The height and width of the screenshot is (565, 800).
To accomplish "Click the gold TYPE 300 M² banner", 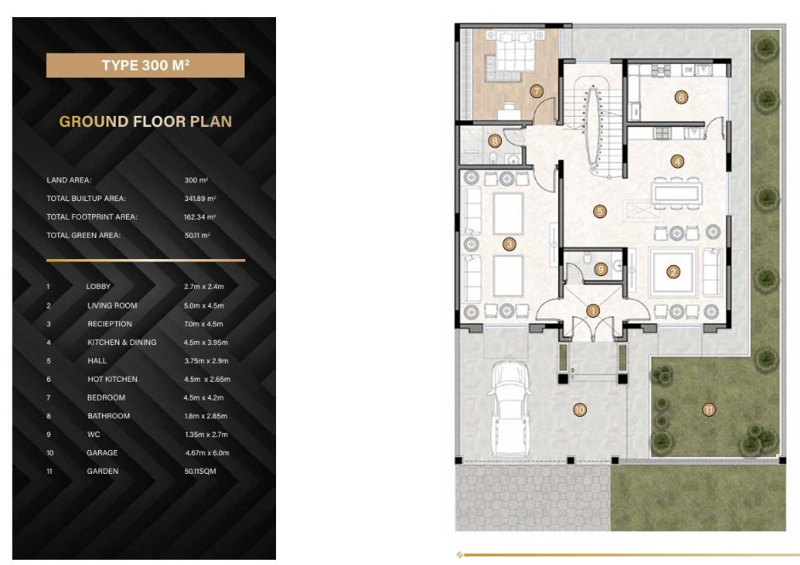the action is pyautogui.click(x=145, y=66).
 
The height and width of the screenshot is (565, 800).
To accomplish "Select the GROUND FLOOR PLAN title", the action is pyautogui.click(x=146, y=122).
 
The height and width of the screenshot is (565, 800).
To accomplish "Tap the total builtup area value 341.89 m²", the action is pyautogui.click(x=200, y=199).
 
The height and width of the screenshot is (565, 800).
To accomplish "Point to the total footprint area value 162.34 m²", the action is pyautogui.click(x=199, y=217).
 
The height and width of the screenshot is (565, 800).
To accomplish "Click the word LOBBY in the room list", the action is pyautogui.click(x=98, y=286).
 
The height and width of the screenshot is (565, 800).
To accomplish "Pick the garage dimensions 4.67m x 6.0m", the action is pyautogui.click(x=207, y=453).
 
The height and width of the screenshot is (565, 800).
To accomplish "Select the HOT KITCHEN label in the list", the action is pyautogui.click(x=112, y=379).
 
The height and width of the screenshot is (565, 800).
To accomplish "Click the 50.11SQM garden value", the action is pyautogui.click(x=200, y=471).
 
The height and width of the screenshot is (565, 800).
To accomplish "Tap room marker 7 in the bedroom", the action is pyautogui.click(x=536, y=91).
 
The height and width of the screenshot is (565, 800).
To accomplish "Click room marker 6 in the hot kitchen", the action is pyautogui.click(x=681, y=97).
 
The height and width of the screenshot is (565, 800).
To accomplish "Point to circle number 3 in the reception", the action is pyautogui.click(x=509, y=244).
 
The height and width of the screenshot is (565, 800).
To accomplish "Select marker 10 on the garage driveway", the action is pyautogui.click(x=579, y=409).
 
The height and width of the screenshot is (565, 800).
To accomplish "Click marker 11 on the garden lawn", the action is pyautogui.click(x=709, y=409).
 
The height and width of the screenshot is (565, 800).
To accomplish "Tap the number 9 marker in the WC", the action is pyautogui.click(x=601, y=269).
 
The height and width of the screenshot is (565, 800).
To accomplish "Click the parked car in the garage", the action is pyautogui.click(x=510, y=409).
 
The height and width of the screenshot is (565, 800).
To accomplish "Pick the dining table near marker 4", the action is pyautogui.click(x=676, y=193).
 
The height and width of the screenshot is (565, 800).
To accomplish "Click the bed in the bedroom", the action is pyautogui.click(x=515, y=51).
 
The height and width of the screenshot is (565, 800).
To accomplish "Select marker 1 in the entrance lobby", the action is pyautogui.click(x=592, y=310).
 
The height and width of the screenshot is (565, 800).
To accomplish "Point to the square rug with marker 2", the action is pyautogui.click(x=673, y=273).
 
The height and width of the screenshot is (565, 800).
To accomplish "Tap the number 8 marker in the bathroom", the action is pyautogui.click(x=494, y=141).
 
